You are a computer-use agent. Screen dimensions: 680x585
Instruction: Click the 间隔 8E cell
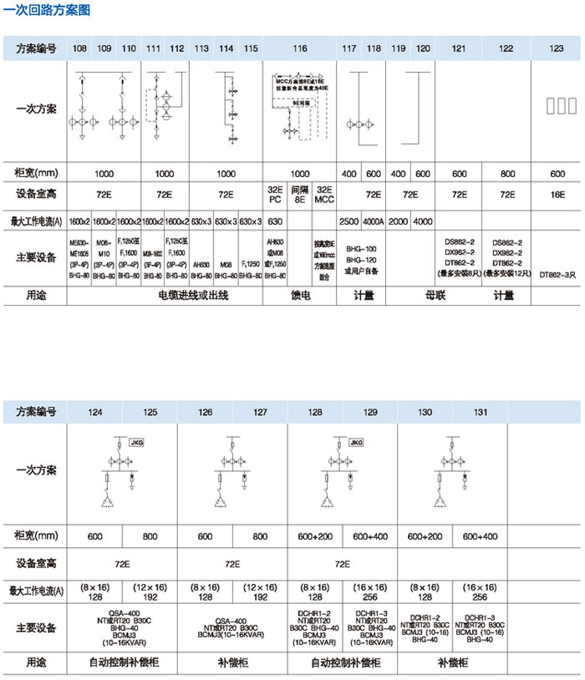click(x=299, y=195)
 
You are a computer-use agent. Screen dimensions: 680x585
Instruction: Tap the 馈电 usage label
click(x=300, y=295)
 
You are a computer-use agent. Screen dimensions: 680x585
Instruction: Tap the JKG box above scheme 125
click(x=136, y=439)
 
